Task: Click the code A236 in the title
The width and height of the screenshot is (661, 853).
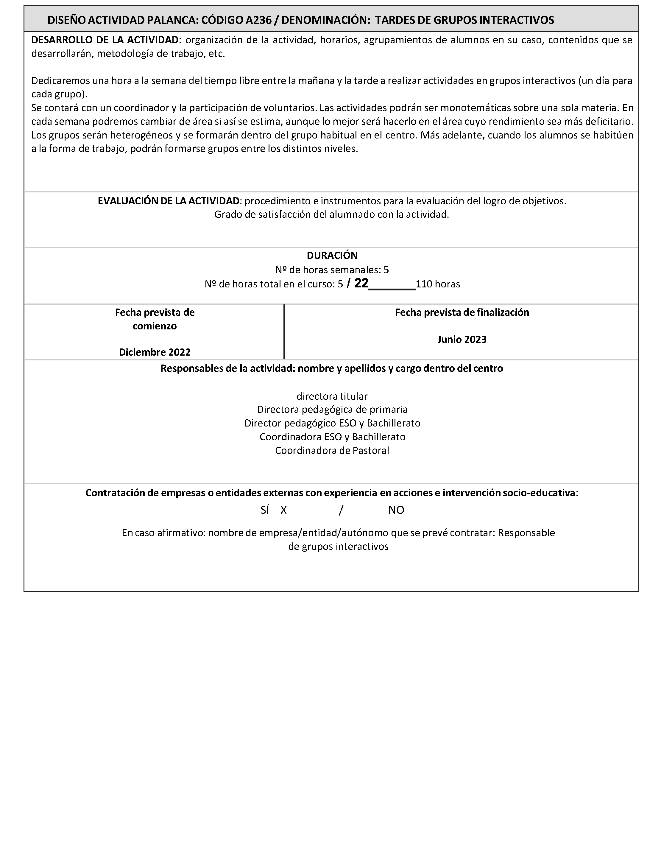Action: point(258,20)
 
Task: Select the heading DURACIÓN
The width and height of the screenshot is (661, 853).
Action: point(332,256)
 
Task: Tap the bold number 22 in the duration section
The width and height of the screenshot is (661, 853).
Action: point(361,283)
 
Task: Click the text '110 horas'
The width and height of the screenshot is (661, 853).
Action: point(438,284)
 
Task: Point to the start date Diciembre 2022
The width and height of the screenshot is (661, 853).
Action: point(155,352)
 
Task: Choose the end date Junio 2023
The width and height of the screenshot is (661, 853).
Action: point(462,340)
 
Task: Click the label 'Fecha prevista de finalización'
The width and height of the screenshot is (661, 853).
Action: point(462,312)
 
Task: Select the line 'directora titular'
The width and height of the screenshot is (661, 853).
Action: point(332,396)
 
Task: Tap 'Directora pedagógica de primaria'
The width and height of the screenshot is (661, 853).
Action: point(332,410)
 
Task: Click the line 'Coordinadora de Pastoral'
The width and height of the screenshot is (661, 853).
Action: point(332,451)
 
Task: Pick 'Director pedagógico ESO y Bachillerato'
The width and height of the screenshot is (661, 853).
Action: point(332,424)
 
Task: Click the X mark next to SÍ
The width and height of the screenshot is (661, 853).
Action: point(283,510)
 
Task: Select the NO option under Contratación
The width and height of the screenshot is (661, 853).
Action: point(396,510)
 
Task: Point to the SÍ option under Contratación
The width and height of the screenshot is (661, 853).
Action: point(265,510)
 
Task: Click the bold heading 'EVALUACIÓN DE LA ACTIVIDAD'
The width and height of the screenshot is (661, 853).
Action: point(168,201)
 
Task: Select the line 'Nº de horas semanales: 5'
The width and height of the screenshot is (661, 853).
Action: point(332,270)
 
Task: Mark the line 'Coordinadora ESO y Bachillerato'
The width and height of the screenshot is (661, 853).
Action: point(332,437)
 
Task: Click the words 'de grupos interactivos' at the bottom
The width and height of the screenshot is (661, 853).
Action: point(338,547)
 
